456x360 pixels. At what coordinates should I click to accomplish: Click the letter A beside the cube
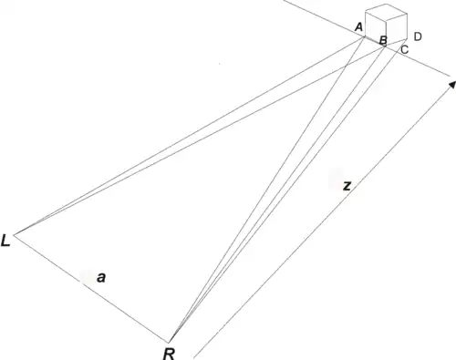click(359, 27)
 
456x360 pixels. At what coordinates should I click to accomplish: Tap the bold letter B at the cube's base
click(383, 40)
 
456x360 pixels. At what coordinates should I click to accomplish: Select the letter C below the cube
click(405, 49)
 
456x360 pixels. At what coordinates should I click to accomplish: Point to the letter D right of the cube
click(418, 36)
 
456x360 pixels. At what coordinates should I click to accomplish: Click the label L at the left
click(5, 241)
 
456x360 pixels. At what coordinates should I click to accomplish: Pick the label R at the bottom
click(169, 354)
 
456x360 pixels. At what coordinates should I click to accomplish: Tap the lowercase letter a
click(101, 278)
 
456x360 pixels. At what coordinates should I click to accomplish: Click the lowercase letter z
click(347, 186)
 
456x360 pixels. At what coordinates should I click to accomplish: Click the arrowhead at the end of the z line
click(452, 84)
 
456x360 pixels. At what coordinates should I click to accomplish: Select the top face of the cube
click(386, 13)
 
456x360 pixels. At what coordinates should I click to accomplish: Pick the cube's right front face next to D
click(397, 30)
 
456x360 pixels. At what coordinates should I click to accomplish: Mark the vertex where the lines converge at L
click(14, 234)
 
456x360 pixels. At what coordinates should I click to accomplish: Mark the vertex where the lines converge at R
click(169, 343)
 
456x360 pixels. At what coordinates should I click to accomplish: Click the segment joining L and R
click(91, 289)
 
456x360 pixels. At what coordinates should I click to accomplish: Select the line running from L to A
click(190, 136)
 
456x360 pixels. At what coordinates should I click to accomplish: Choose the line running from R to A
click(267, 190)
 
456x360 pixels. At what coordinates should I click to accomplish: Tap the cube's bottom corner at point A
click(365, 36)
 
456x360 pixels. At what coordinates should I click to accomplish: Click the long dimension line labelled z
click(323, 221)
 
